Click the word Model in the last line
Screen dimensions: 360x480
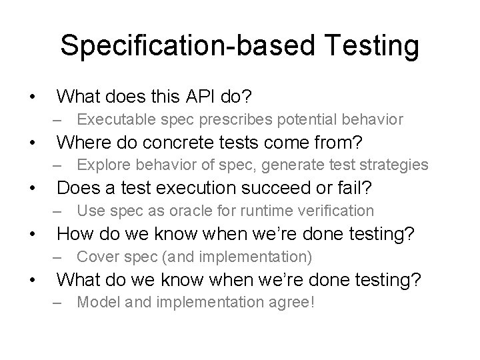(97, 302)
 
